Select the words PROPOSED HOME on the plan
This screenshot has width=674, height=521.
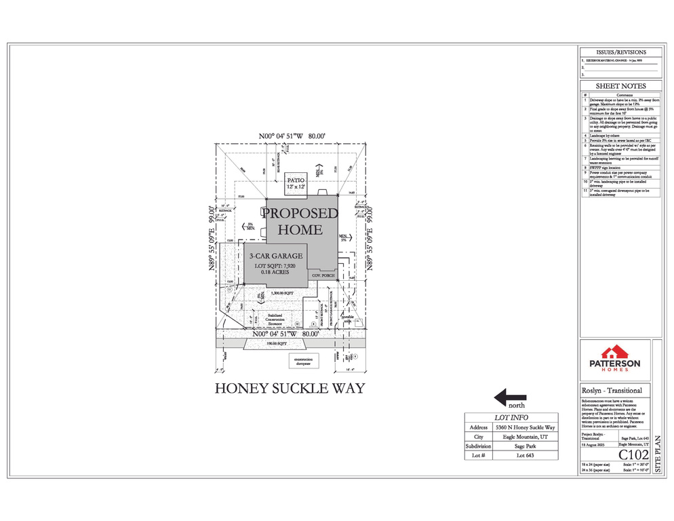(x=300, y=220)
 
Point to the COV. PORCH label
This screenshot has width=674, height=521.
(x=323, y=276)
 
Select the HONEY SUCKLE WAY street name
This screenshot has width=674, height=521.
(x=290, y=389)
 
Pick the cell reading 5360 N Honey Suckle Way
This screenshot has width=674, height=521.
(x=525, y=428)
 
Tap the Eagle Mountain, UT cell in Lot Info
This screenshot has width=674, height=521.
(x=525, y=438)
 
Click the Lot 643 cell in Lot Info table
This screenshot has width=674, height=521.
(x=525, y=456)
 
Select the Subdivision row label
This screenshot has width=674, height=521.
(x=478, y=447)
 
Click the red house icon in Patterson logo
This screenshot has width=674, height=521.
(x=616, y=352)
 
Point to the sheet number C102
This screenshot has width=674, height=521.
(x=633, y=455)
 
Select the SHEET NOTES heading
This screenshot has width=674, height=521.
(x=620, y=86)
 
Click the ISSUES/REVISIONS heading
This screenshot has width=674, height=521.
(x=620, y=52)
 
